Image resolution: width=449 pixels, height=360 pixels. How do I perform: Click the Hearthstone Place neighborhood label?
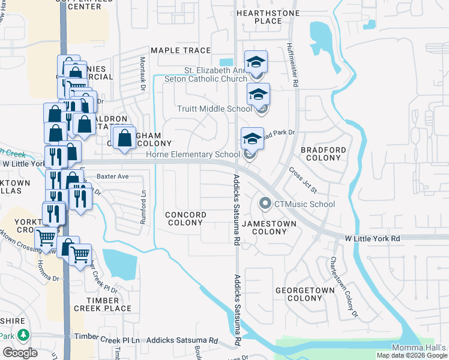click(259, 16)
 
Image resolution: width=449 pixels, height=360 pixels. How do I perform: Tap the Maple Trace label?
click(181, 50)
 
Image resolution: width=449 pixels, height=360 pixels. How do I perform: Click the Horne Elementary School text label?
click(193, 155)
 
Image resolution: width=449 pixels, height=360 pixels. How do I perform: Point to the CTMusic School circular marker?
click(265, 204)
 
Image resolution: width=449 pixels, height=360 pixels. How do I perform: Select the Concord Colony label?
click(185, 218)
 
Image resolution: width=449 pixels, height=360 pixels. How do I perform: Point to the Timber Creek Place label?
click(103, 304)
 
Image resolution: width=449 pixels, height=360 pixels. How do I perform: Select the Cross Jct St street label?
click(303, 180)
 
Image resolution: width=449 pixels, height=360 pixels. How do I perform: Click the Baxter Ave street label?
click(113, 176)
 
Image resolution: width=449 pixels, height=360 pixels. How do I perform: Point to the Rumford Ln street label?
click(143, 208)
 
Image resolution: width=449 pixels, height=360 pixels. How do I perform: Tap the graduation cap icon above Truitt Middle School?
click(258, 94)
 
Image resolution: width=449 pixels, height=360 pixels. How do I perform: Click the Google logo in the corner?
click(20, 353)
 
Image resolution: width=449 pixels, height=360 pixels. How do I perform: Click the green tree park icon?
click(23, 335)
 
